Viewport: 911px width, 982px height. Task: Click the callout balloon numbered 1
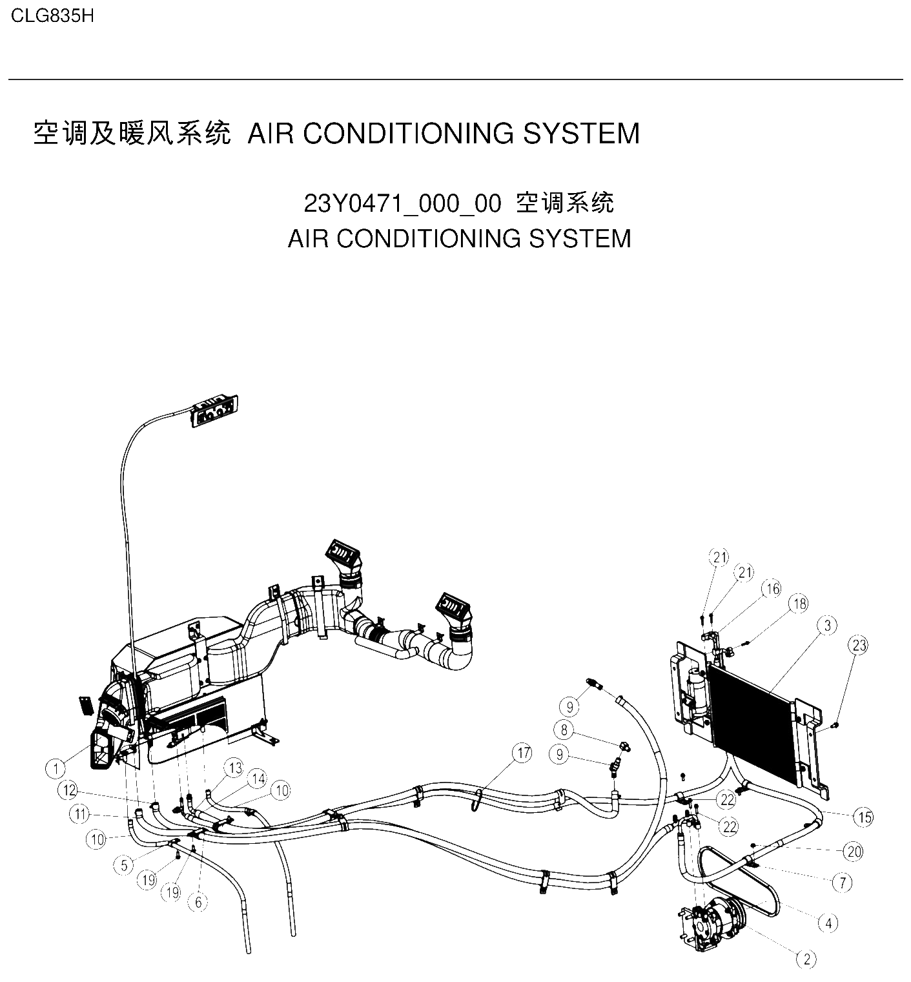pos(56,768)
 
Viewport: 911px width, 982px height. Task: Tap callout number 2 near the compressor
pos(807,959)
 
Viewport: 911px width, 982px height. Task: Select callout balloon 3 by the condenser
pos(827,625)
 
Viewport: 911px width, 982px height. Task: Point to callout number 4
pos(829,923)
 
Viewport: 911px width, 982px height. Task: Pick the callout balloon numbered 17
pos(523,753)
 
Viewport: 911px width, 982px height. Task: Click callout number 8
pos(564,730)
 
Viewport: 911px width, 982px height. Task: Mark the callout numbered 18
pos(799,604)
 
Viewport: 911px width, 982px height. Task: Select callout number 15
pos(864,817)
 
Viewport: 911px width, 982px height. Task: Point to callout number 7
pos(843,883)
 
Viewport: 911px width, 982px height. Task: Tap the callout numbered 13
pos(234,768)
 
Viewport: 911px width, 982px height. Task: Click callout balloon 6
pos(198,902)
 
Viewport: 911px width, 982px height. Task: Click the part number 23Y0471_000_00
pos(402,204)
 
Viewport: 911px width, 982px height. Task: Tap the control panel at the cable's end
pos(214,411)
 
